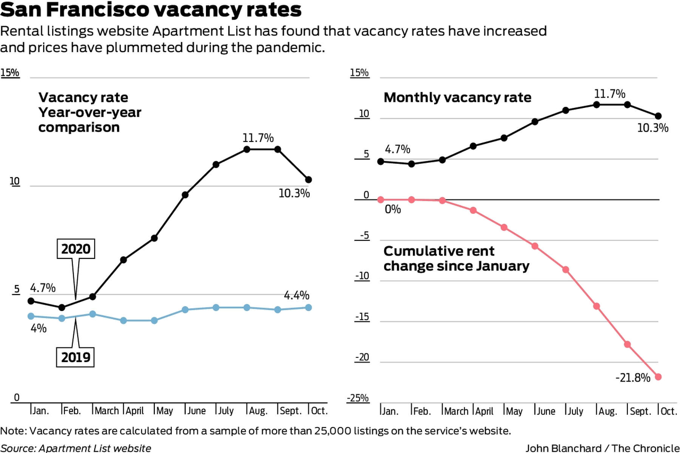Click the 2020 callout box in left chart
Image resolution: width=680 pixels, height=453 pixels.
pyautogui.click(x=76, y=249)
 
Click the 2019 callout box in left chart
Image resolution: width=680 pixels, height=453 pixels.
pyautogui.click(x=76, y=357)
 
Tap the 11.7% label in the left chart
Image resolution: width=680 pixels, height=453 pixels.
pyautogui.click(x=258, y=138)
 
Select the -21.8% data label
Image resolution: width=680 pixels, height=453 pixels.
pyautogui.click(x=633, y=377)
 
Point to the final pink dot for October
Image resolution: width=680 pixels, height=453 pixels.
pyautogui.click(x=658, y=377)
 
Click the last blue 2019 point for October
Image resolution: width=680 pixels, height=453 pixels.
pyautogui.click(x=309, y=308)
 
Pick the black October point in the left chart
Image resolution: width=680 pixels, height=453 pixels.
pyautogui.click(x=309, y=180)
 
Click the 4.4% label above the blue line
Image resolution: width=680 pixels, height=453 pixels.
pyautogui.click(x=297, y=295)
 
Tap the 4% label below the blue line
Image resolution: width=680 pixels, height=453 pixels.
pyautogui.click(x=39, y=328)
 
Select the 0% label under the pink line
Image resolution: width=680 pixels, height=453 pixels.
pyautogui.click(x=393, y=209)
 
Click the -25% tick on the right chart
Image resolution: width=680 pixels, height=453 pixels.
pyautogui.click(x=358, y=398)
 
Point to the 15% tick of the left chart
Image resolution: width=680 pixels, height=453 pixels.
pyautogui.click(x=10, y=72)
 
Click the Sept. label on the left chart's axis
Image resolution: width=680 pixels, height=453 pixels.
pyautogui.click(x=290, y=411)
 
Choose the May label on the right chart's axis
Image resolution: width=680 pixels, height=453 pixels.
pyautogui.click(x=514, y=411)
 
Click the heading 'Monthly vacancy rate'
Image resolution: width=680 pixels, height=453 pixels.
pyautogui.click(x=457, y=97)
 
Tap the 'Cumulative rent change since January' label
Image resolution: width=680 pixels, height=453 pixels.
pyautogui.click(x=456, y=259)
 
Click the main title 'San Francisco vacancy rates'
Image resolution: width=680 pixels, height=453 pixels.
pyautogui.click(x=151, y=10)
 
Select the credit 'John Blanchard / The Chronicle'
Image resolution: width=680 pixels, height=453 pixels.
pyautogui.click(x=602, y=448)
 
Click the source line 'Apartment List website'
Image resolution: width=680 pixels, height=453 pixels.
pyautogui.click(x=76, y=448)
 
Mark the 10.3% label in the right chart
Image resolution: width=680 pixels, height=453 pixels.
pyautogui.click(x=653, y=128)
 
